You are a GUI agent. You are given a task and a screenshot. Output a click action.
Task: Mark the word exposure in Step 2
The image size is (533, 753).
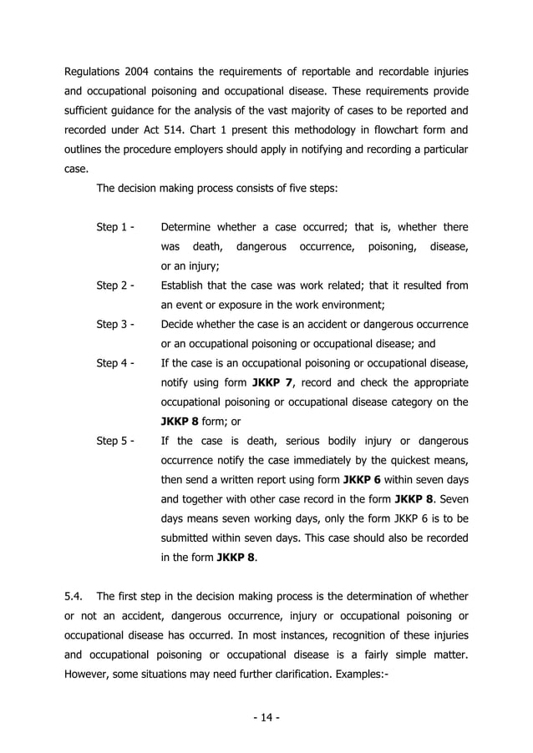coord(248,305)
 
